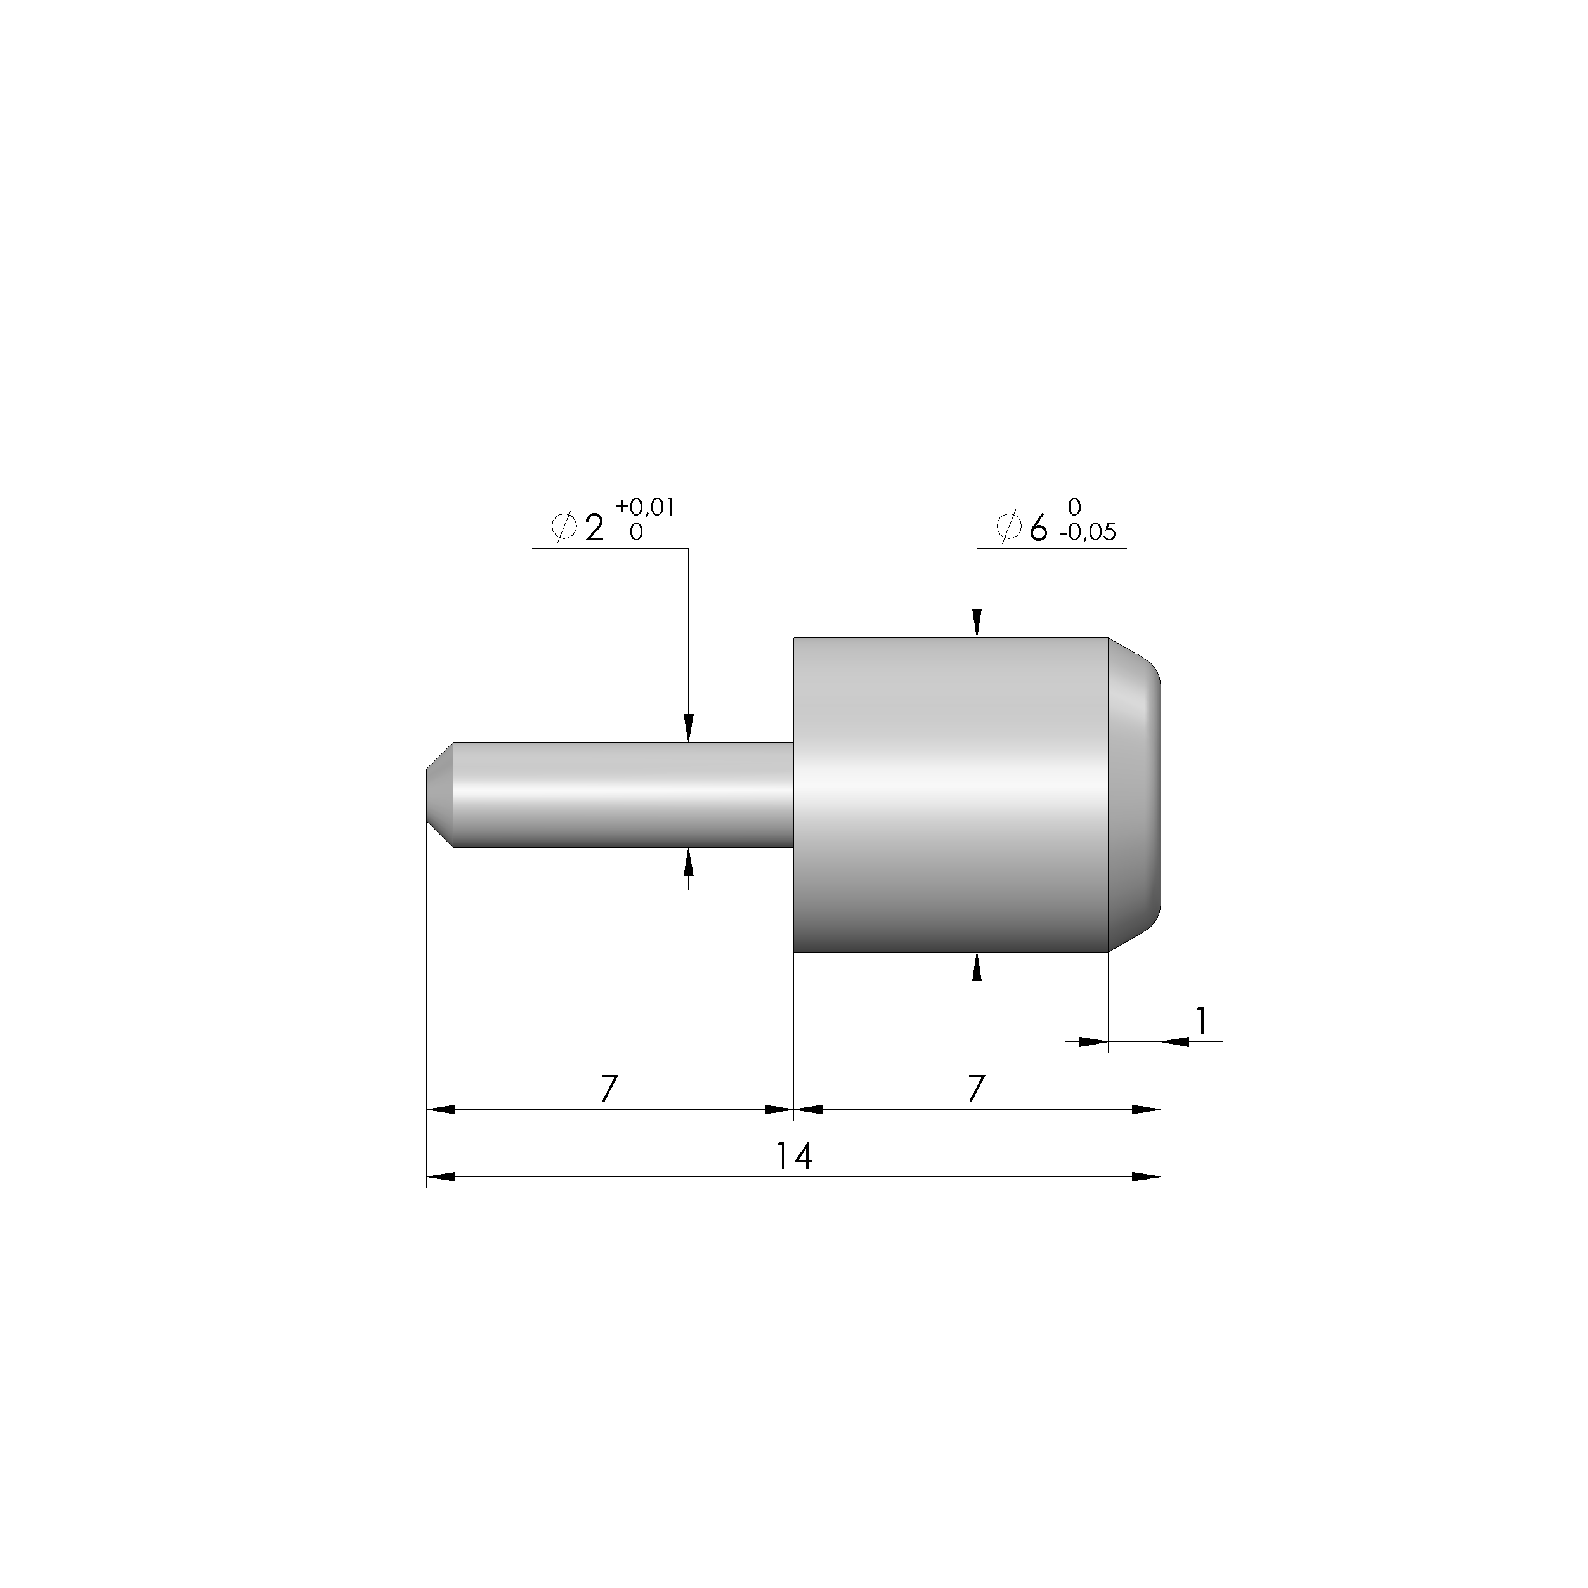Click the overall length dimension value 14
click(x=794, y=1157)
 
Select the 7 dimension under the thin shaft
click(x=608, y=1089)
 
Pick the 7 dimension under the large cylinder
click(x=975, y=1089)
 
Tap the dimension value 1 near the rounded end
click(x=1202, y=1021)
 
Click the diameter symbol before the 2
click(x=564, y=527)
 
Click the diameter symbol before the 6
click(x=1010, y=527)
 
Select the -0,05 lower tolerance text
click(x=1088, y=532)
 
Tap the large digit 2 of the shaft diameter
click(x=594, y=528)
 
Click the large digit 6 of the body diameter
click(x=1039, y=528)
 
